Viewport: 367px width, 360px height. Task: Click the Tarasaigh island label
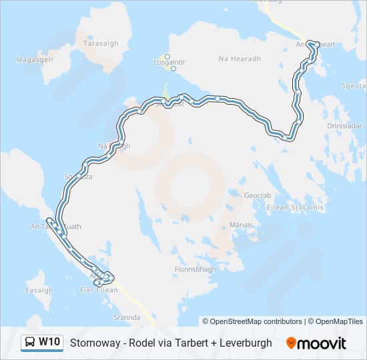[101, 43]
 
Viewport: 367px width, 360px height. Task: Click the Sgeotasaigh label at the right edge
[354, 86]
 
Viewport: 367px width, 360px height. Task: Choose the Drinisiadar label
[345, 125]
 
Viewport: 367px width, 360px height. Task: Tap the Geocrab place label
[258, 195]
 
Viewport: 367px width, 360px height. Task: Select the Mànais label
[241, 225]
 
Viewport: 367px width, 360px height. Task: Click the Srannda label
[127, 318]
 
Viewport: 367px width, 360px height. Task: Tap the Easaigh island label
[39, 291]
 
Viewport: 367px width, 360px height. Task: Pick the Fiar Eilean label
[99, 290]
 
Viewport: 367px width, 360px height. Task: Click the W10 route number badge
[49, 343]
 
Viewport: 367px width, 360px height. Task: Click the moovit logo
[316, 343]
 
